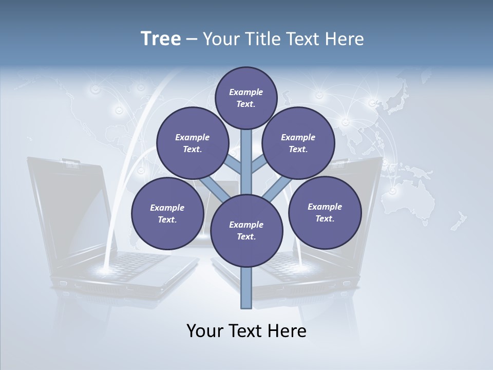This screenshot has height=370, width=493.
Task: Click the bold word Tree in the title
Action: [x=161, y=39]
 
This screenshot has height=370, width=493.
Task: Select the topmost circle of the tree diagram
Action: [x=246, y=98]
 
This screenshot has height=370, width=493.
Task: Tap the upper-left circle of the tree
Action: [x=193, y=143]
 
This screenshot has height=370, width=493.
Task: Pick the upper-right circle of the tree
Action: [x=298, y=143]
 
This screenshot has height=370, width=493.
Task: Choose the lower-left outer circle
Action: [x=167, y=214]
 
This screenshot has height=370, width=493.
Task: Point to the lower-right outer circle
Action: [x=325, y=212]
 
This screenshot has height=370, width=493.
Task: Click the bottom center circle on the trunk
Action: [x=246, y=231]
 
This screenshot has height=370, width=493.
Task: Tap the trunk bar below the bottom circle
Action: [x=246, y=288]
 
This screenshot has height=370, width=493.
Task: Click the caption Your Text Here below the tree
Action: [x=246, y=331]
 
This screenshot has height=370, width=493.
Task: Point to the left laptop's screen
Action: [x=67, y=206]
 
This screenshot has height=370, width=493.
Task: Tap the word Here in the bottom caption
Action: [x=287, y=331]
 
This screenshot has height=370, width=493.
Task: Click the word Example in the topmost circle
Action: [x=246, y=92]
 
